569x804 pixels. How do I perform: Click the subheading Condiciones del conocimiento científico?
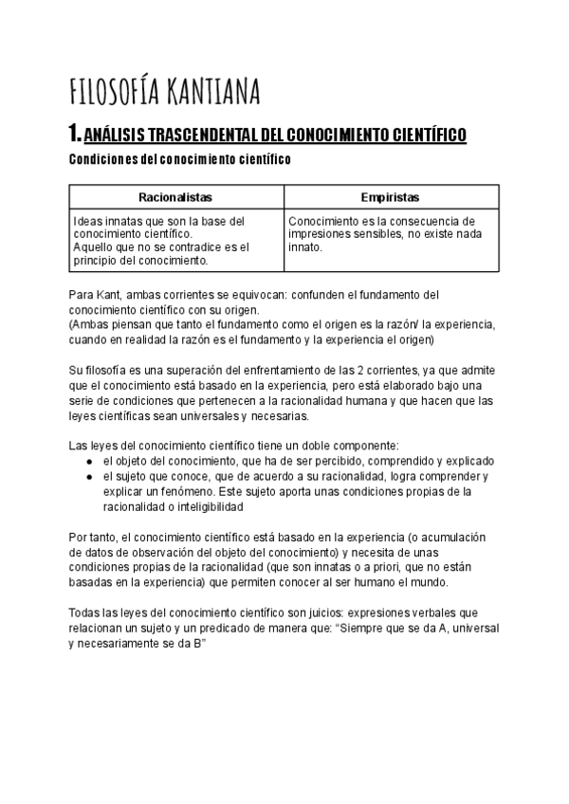pos(180,160)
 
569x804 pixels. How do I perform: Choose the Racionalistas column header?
pos(175,197)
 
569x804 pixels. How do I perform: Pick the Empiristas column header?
pos(390,197)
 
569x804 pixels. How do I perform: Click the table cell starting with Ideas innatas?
pos(175,240)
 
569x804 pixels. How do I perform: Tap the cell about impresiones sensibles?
pos(390,233)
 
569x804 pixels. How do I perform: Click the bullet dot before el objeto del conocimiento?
pos(88,462)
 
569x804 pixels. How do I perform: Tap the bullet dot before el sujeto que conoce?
pos(88,477)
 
